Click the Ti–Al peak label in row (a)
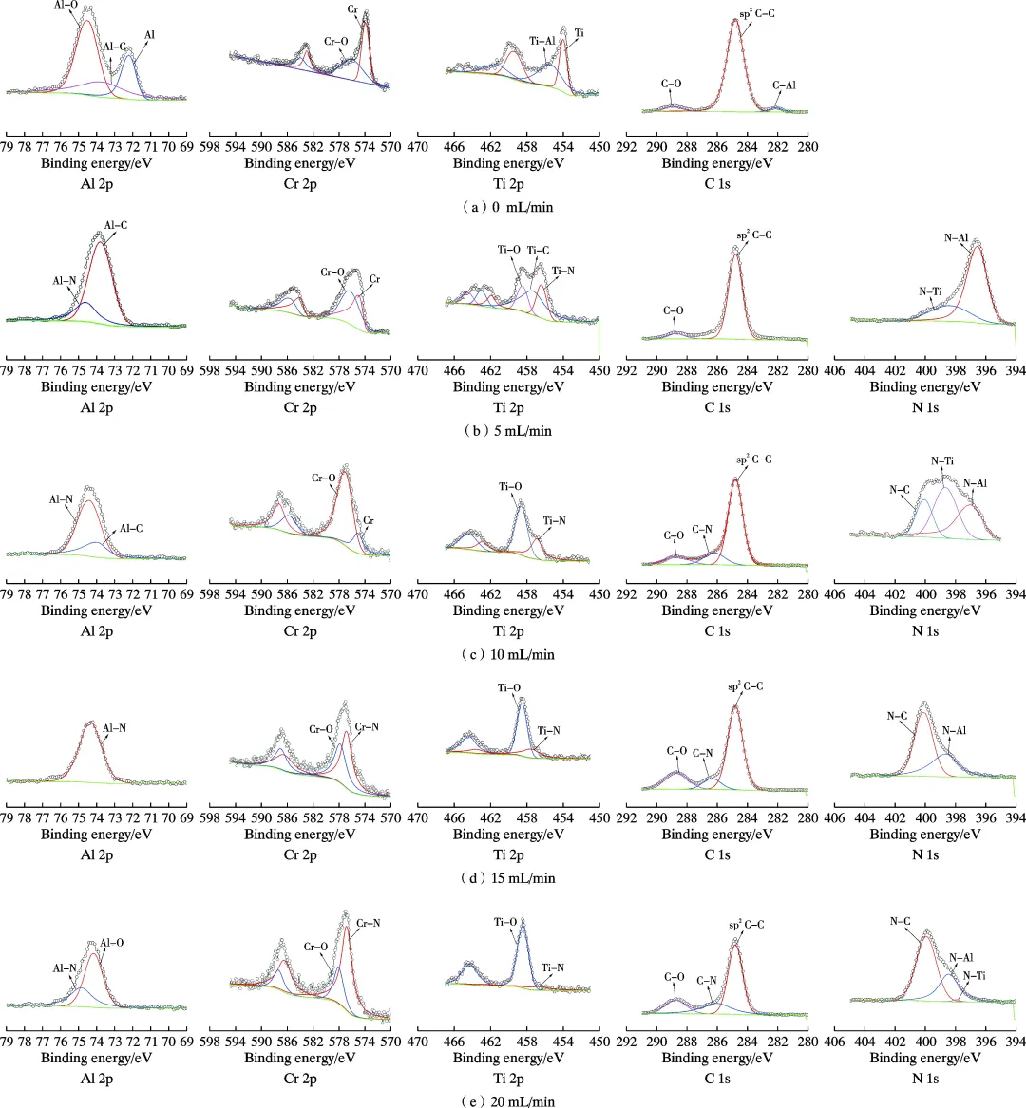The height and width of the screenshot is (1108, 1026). (542, 41)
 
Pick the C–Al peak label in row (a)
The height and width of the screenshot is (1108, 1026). (784, 85)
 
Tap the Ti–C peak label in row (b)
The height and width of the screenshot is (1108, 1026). (538, 251)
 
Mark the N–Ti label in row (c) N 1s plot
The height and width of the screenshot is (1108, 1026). (942, 461)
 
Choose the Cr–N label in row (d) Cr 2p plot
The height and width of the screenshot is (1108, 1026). (368, 727)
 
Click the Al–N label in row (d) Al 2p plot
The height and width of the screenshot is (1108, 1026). (114, 728)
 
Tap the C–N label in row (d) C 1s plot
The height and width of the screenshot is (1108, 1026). (703, 753)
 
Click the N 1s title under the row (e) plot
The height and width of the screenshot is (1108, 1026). (924, 1079)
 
